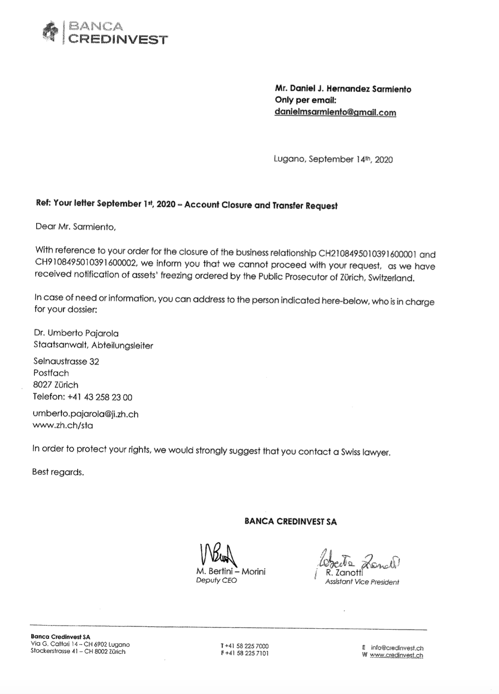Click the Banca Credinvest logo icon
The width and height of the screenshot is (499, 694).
[50, 32]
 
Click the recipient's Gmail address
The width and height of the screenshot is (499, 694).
[335, 112]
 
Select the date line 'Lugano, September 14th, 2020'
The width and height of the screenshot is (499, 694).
[333, 159]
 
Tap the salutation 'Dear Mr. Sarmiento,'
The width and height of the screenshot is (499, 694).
[75, 227]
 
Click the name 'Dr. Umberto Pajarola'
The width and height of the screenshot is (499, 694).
[76, 333]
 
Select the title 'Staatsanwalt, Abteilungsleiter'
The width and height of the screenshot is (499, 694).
[93, 345]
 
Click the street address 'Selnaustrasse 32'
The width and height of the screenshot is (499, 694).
[66, 361]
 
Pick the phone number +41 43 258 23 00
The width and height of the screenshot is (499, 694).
[100, 397]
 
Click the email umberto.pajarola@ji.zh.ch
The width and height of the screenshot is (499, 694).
[86, 414]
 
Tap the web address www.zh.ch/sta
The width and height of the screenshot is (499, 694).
[63, 426]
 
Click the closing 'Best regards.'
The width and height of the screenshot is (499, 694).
[58, 472]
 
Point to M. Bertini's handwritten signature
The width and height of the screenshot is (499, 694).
[218, 554]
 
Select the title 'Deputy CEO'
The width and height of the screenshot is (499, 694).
[216, 580]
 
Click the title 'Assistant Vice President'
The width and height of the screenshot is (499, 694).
[361, 582]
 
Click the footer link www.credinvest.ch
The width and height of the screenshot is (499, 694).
[396, 655]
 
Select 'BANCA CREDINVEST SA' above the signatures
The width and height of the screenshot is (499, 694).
[290, 521]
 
